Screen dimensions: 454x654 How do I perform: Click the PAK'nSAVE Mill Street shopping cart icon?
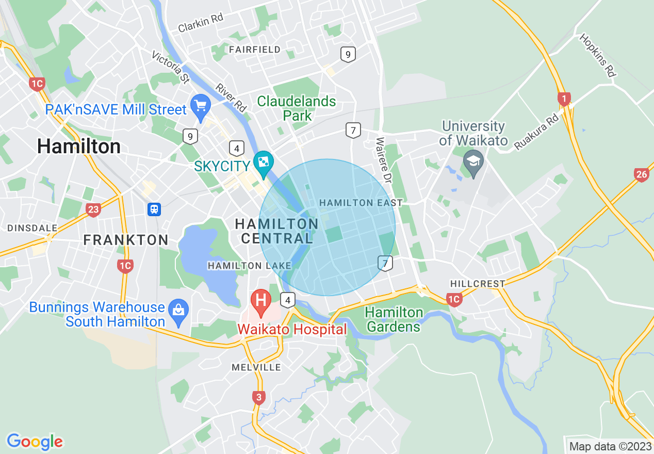tap(200, 105)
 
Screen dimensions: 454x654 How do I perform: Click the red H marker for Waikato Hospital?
tap(260, 300)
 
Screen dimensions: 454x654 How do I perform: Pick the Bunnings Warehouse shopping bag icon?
tap(178, 310)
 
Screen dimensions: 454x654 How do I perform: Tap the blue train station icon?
tap(154, 209)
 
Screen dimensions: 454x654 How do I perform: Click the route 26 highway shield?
tap(641, 175)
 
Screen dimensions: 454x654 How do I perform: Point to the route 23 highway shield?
tap(93, 209)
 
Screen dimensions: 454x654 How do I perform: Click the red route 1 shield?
tap(564, 99)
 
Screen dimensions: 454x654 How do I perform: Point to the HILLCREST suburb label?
tap(478, 284)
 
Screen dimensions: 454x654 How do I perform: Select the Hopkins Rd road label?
tap(598, 55)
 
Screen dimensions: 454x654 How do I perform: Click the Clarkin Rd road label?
tap(201, 23)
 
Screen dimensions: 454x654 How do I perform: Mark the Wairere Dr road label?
tap(384, 159)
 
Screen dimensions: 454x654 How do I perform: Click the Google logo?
tap(35, 442)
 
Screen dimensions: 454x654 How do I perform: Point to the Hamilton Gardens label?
tap(394, 319)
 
